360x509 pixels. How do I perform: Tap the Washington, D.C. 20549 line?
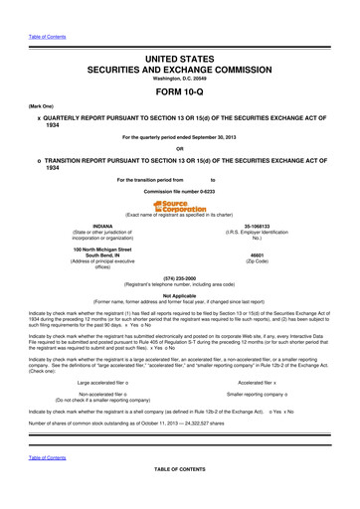tap(179, 65)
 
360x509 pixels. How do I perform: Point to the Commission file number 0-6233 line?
tap(179, 190)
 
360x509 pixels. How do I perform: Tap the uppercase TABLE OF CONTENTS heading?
tap(179, 495)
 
